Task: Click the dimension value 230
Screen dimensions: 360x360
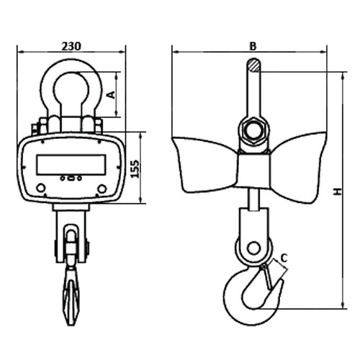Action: coord(71,46)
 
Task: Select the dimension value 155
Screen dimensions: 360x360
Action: coord(135,168)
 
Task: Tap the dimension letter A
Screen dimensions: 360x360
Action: coord(111,95)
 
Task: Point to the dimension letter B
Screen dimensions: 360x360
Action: coord(253,46)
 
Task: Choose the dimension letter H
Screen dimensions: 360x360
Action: coord(338,192)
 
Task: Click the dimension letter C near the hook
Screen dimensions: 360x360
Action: coord(284,258)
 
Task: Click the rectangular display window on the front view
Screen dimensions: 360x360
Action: coord(71,165)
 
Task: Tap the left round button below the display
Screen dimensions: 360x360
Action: coord(41,188)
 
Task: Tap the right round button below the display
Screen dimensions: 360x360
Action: coord(102,189)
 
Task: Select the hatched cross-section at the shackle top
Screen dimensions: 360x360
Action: coord(253,66)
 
